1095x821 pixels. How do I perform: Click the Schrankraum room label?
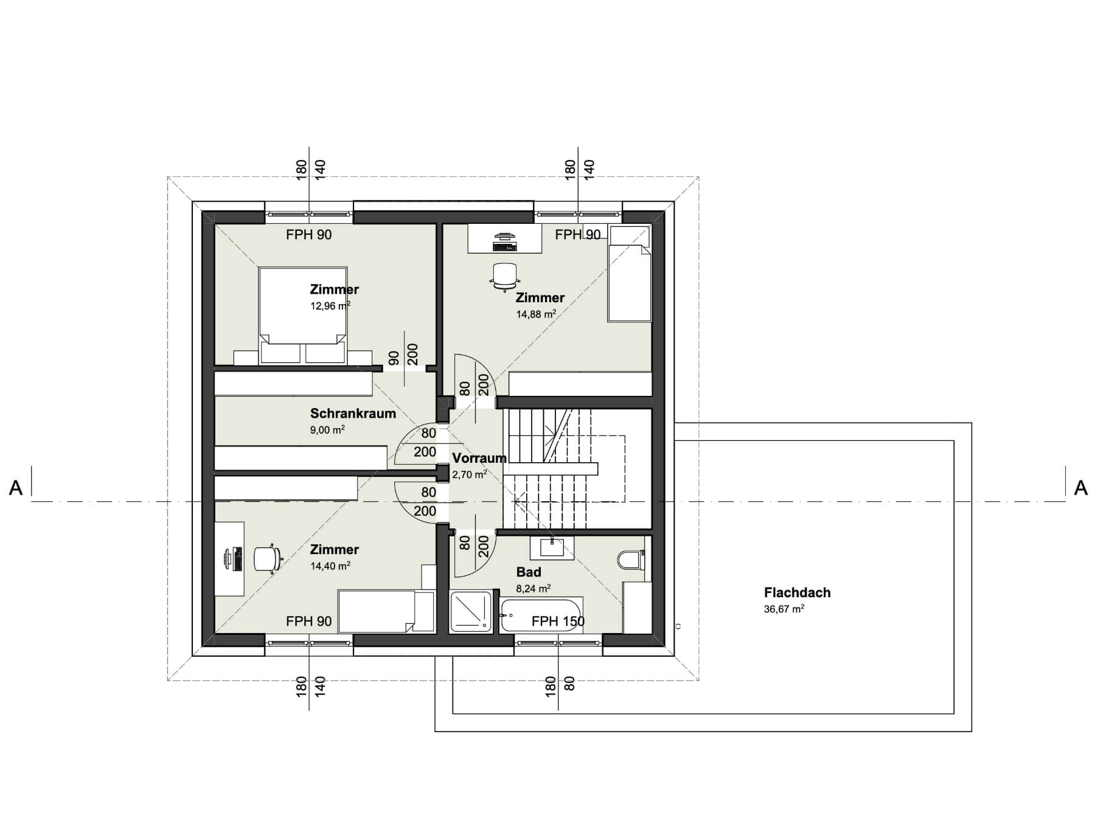pos(353,414)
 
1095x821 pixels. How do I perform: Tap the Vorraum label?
pos(479,458)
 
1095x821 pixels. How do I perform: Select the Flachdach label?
pos(797,592)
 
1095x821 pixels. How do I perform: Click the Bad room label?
pos(529,572)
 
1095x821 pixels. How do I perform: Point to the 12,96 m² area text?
pos(330,306)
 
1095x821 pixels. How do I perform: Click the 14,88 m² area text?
pos(536,314)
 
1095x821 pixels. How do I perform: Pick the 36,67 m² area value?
pos(784,609)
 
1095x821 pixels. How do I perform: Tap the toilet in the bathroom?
pos(631,559)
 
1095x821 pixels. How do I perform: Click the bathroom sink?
pos(552,549)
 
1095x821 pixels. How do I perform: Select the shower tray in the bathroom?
pos(470,611)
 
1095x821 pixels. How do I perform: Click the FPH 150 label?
pos(558,621)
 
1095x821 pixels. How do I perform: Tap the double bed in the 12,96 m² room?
pos(303,316)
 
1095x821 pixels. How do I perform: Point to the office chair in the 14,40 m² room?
pos(266,558)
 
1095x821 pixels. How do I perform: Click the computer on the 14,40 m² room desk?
pos(233,558)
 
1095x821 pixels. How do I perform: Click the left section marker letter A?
pos(16,488)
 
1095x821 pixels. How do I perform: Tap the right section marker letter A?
pos(1080,488)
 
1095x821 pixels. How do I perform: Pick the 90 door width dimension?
pos(394,358)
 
